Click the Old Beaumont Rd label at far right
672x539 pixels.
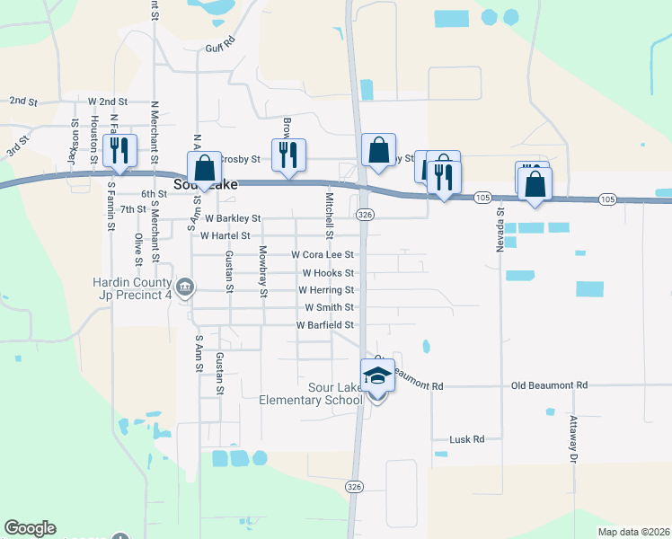(549, 385)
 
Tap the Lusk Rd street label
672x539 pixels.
(466, 439)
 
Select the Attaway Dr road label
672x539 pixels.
(572, 439)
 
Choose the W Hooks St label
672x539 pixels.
(328, 272)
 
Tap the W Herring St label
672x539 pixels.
(326, 290)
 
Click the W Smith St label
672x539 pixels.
(329, 307)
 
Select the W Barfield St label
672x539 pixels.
(324, 325)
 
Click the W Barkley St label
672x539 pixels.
(233, 218)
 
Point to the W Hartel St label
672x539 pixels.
(225, 235)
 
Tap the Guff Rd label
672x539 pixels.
(219, 49)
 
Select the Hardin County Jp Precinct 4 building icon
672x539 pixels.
(185, 287)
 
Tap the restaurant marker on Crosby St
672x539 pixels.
(288, 155)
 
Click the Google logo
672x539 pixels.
(31, 528)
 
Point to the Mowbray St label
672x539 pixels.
(263, 271)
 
